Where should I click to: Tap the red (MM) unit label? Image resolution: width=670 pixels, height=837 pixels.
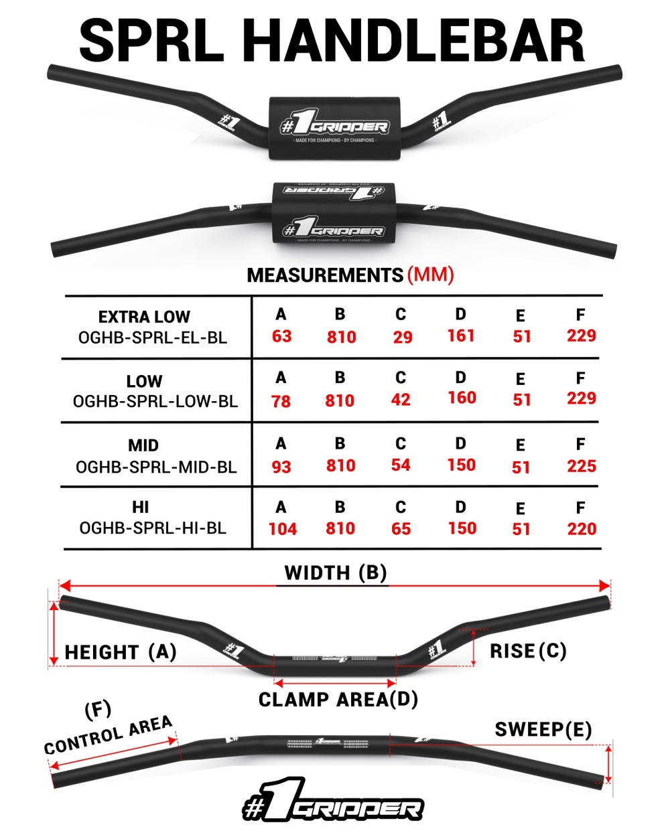coord(430,275)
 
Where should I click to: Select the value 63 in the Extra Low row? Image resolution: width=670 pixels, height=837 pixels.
coord(281,336)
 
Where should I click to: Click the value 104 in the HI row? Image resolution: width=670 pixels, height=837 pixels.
coord(282,529)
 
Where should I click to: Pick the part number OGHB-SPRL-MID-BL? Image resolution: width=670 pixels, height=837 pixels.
coord(156,467)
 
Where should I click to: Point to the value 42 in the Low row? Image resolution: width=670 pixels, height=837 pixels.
coord(401,400)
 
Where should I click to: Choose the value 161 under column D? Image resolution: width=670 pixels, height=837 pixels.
coord(461,335)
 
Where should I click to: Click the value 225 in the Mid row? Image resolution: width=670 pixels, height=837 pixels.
coord(581,466)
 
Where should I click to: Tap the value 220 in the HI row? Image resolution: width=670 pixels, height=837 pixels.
coord(581,529)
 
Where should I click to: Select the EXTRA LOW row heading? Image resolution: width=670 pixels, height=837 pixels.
coord(144,317)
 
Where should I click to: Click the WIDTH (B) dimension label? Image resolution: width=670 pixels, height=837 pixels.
coord(336,573)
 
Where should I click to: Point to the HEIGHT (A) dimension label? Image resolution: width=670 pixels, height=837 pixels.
coord(121,652)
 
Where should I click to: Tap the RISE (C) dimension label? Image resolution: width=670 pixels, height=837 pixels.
coord(528,651)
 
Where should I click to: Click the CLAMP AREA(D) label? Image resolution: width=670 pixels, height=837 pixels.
coord(338,700)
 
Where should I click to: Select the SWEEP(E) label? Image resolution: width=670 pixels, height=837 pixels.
coord(543,730)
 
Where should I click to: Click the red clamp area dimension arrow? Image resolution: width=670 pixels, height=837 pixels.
coord(335,683)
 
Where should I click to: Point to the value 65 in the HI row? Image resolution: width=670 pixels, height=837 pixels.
coord(401,529)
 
